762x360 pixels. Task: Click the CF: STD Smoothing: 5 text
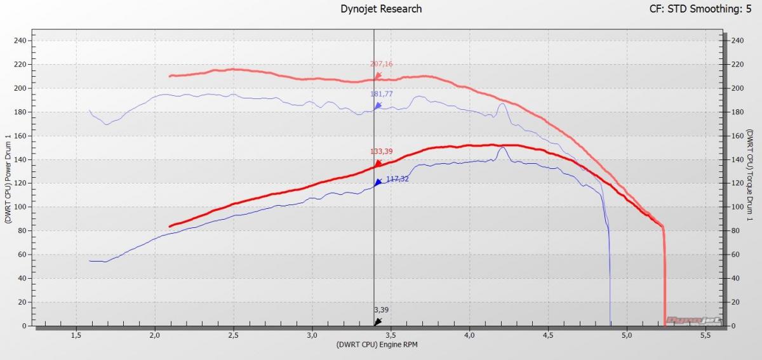click(x=701, y=9)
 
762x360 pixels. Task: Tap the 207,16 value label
click(x=381, y=64)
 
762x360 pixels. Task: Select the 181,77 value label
click(x=381, y=94)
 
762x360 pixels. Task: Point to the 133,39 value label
click(x=381, y=152)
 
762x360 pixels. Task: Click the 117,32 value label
click(x=398, y=179)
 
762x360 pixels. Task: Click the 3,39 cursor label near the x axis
click(x=380, y=310)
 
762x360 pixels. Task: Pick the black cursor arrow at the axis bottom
click(x=377, y=322)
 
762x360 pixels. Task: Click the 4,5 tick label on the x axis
click(x=548, y=335)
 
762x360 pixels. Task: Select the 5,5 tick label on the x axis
click(x=705, y=335)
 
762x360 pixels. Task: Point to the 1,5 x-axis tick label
click(x=76, y=335)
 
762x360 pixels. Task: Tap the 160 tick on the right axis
click(x=737, y=136)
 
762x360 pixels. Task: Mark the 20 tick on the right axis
click(x=735, y=302)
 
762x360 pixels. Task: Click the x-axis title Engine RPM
click(x=378, y=345)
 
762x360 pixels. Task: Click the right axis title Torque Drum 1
click(x=751, y=175)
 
